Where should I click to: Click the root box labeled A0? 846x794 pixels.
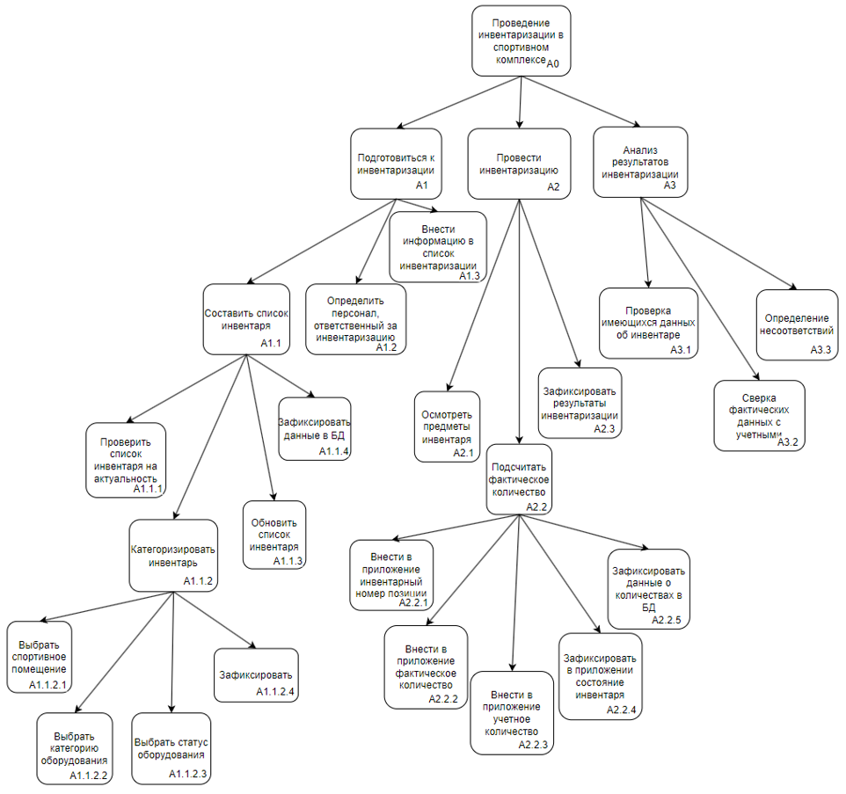521,40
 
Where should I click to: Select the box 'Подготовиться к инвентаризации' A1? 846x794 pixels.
395,164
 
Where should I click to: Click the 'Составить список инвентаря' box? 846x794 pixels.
245,318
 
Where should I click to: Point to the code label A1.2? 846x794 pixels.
386,348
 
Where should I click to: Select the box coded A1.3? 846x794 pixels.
438,245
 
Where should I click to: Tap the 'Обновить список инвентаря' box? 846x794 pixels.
274,534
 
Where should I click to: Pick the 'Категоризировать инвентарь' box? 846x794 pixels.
172,555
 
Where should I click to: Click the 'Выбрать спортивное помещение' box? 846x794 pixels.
39,656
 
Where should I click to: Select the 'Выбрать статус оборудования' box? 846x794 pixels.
171,747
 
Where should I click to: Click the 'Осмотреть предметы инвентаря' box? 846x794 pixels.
447,426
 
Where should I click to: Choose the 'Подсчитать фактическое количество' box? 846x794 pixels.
519,478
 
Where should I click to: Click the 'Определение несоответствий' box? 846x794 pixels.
796,324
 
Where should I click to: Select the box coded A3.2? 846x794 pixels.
759,415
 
